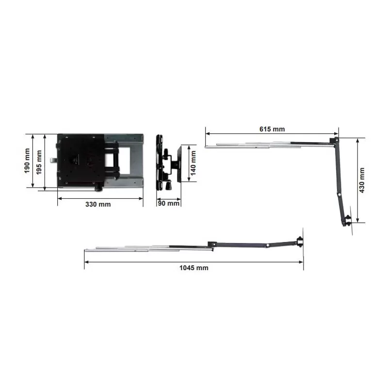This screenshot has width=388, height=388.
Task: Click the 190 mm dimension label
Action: pyautogui.click(x=27, y=161)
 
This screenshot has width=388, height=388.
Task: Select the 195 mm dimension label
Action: pyautogui.click(x=39, y=162)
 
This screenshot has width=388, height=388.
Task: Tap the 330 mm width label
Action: pyautogui.click(x=98, y=204)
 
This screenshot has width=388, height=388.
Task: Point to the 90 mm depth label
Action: pyautogui.click(x=168, y=203)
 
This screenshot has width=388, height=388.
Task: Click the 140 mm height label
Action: pyautogui.click(x=193, y=163)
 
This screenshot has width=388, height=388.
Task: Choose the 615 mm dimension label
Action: pyautogui.click(x=272, y=129)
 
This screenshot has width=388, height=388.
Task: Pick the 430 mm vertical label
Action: pyautogui.click(x=362, y=180)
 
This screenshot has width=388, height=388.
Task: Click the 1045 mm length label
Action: pyautogui.click(x=194, y=268)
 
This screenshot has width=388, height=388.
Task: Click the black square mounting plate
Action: pyautogui.click(x=81, y=160)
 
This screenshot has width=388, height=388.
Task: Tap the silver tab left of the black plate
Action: pyautogui.click(x=53, y=161)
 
